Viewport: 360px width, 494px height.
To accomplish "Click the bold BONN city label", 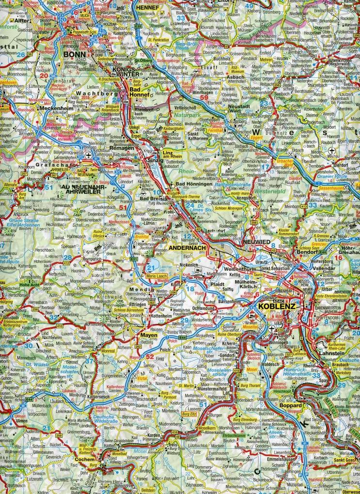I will [x=74, y=54].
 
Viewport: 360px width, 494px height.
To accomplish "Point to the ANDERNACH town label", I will [x=188, y=247].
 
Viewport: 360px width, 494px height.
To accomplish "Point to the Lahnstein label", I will [x=331, y=354].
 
